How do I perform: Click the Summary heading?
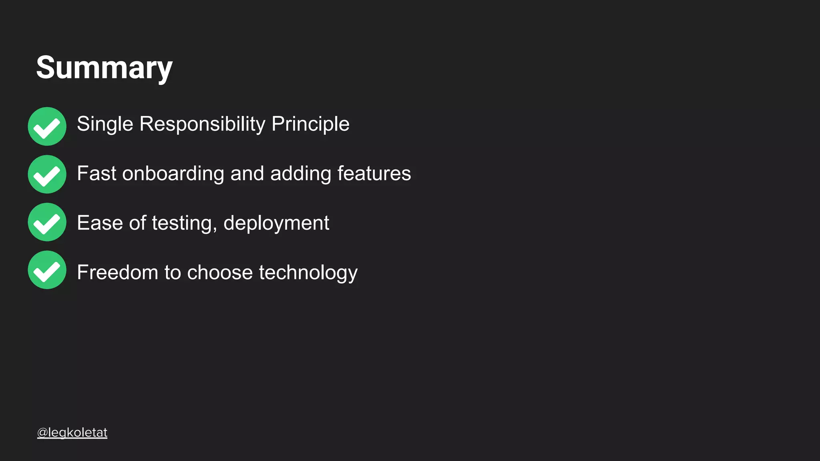pyautogui.click(x=104, y=68)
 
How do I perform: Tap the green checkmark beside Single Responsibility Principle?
pyautogui.click(x=47, y=126)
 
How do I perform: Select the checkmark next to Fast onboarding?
pyautogui.click(x=47, y=174)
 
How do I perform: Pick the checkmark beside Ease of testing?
pyautogui.click(x=47, y=222)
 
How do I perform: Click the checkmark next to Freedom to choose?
pyautogui.click(x=47, y=270)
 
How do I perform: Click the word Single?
pyautogui.click(x=105, y=124)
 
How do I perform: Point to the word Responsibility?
pyautogui.click(x=202, y=124)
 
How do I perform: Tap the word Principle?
pyautogui.click(x=310, y=124)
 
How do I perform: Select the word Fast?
pyautogui.click(x=96, y=174)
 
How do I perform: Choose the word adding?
pyautogui.click(x=301, y=174)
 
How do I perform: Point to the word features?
pyautogui.click(x=374, y=174)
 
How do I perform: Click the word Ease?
pyautogui.click(x=100, y=223)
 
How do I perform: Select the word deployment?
pyautogui.click(x=276, y=223)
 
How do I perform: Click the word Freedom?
pyautogui.click(x=117, y=273)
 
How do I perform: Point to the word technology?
pyautogui.click(x=308, y=273)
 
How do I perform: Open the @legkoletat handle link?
pyautogui.click(x=72, y=433)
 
